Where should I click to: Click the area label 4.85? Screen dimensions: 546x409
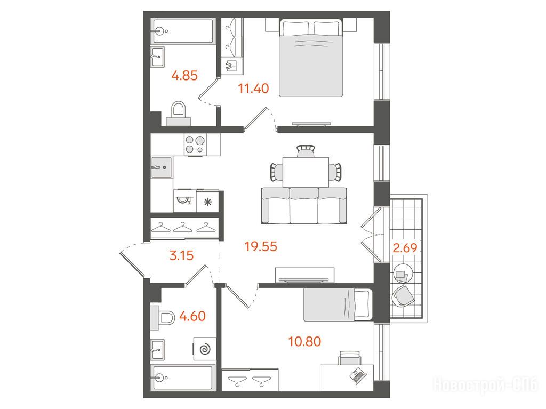(184, 75)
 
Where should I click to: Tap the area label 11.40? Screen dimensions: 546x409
(253, 89)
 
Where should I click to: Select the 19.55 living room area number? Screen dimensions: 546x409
(261, 247)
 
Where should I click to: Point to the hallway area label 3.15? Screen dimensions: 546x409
(181, 256)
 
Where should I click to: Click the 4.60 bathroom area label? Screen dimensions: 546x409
(192, 316)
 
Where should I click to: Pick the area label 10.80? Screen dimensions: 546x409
(304, 341)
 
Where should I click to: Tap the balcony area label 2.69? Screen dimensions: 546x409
(405, 248)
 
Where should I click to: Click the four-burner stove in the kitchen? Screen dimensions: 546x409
(195, 145)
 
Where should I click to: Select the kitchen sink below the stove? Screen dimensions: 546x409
(162, 167)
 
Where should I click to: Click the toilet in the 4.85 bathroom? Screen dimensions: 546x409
(179, 113)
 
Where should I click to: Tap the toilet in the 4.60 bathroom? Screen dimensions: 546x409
(163, 318)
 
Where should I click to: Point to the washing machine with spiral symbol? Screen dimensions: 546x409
(205, 349)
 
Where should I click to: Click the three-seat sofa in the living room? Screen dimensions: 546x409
(304, 205)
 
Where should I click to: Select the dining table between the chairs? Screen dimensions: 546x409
(306, 172)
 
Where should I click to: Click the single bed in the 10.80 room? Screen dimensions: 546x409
(338, 304)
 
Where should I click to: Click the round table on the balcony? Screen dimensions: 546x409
(403, 274)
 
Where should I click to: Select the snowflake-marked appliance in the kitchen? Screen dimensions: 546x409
(207, 202)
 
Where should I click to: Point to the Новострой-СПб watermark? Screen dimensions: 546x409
(485, 385)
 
